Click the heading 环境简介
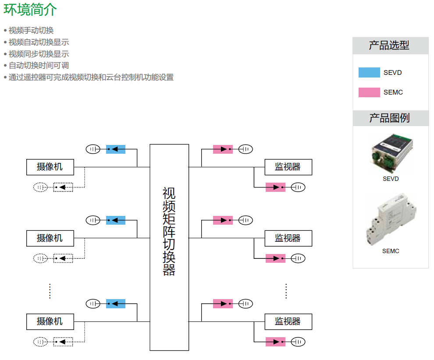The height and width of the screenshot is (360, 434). [x=30, y=10]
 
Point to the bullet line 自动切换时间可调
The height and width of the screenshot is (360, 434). [x=39, y=66]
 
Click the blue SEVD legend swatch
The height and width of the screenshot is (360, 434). [x=369, y=73]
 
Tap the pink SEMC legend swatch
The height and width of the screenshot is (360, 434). [x=369, y=92]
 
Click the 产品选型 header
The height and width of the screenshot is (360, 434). [x=390, y=46]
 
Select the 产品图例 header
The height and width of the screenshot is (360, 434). [x=390, y=118]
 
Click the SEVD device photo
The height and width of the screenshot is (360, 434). [x=391, y=153]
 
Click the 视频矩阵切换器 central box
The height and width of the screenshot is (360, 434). [x=169, y=247]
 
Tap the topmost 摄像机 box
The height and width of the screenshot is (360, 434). [x=50, y=167]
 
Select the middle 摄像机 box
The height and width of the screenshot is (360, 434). [x=50, y=238]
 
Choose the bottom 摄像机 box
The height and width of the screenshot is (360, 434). [x=50, y=321]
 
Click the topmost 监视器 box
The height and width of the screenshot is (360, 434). [x=288, y=167]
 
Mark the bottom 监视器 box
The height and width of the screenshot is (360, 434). [x=288, y=321]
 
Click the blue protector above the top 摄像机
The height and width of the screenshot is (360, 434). [x=116, y=149]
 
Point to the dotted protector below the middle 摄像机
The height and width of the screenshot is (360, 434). [x=63, y=258]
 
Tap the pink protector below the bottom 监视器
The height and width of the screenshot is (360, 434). [x=275, y=342]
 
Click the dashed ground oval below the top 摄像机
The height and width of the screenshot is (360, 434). [x=40, y=187]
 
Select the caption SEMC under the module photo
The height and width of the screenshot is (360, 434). [x=391, y=251]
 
